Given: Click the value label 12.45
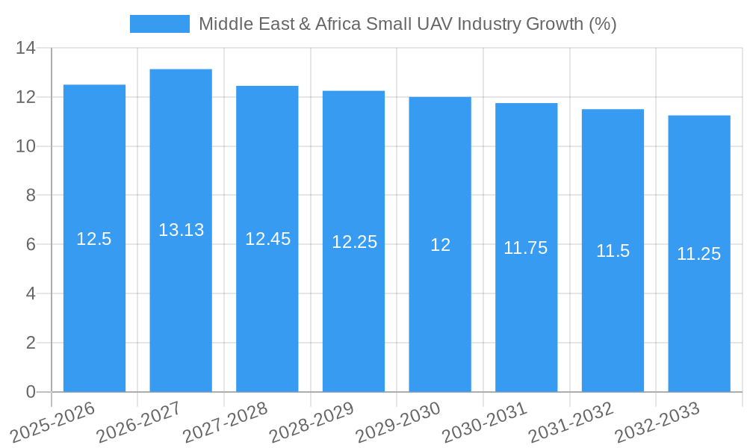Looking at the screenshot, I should coord(267,239).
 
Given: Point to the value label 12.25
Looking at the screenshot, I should coord(354,242).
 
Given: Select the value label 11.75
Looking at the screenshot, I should coord(525,248).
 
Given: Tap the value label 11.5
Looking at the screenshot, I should coord(613,251).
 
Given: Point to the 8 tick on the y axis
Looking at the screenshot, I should coord(31,196).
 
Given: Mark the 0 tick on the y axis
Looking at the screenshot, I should coord(31,392).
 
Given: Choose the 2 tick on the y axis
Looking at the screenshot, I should coord(31,343).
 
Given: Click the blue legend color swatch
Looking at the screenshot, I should coord(159,24).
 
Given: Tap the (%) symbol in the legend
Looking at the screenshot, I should coord(602,24).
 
